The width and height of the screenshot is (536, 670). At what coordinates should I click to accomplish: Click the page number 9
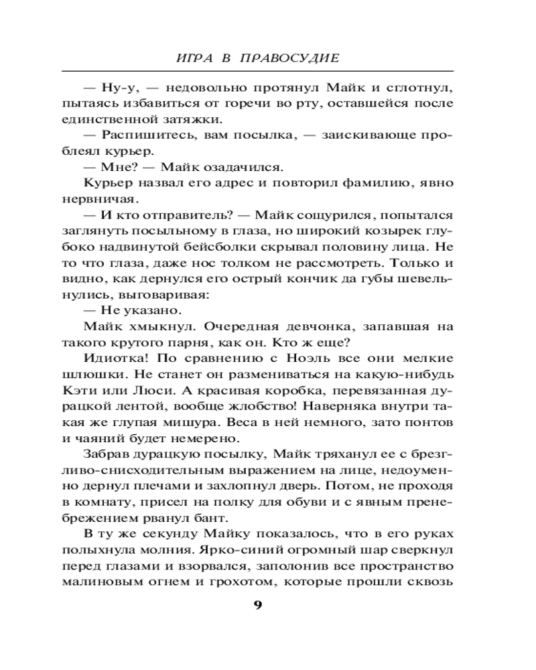(258, 606)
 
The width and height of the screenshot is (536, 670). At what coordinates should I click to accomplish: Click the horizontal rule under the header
(257, 71)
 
